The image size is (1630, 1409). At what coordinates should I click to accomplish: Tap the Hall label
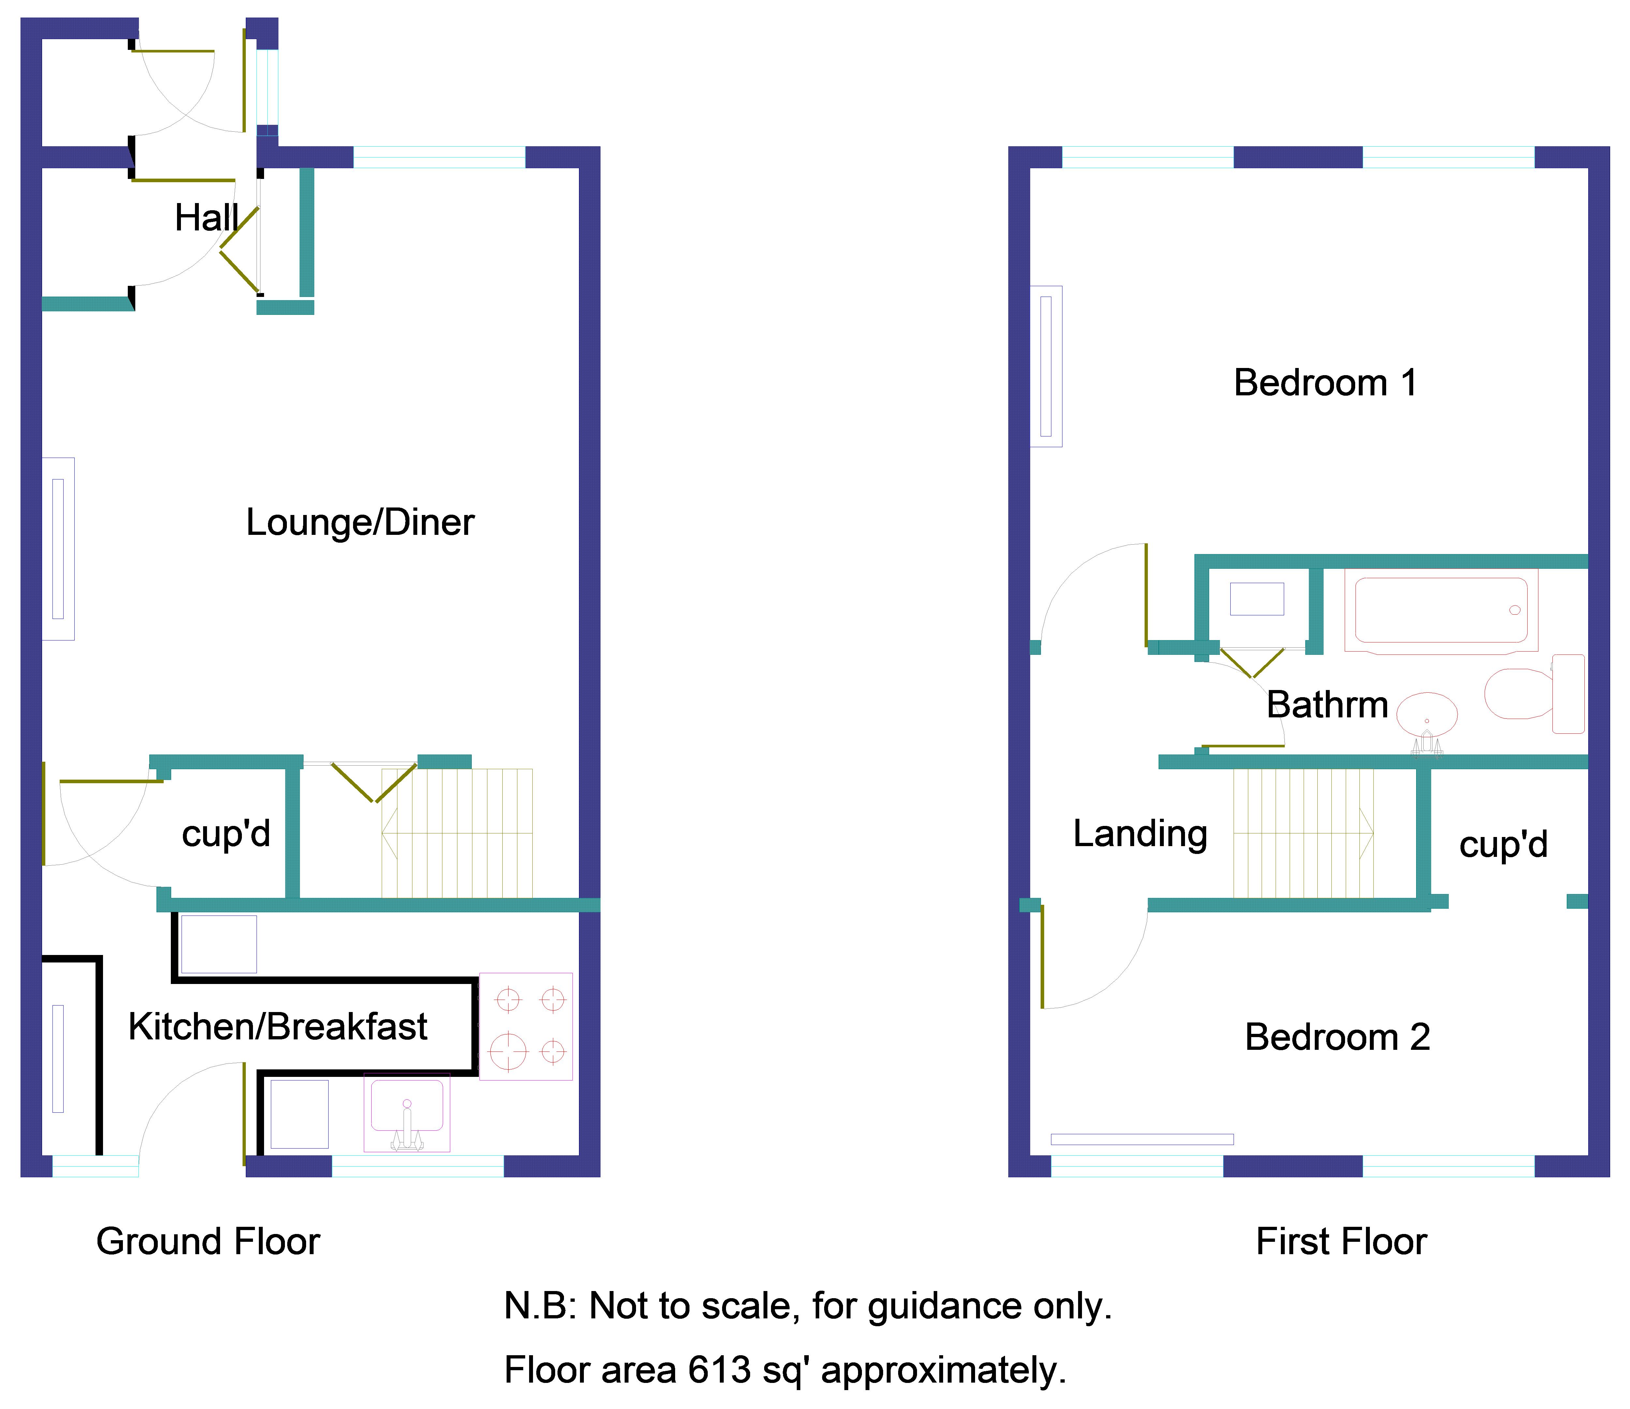(206, 218)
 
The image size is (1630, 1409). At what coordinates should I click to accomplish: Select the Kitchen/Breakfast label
(278, 1027)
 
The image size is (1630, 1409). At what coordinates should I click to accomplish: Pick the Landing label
(1140, 834)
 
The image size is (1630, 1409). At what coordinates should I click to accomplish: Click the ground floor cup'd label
(226, 834)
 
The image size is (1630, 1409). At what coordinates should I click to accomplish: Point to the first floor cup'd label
(1503, 845)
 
